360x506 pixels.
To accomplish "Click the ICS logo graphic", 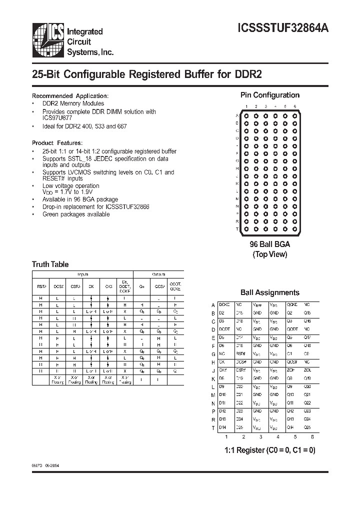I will pos(48,38).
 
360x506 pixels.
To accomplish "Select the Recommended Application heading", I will pos(70,95).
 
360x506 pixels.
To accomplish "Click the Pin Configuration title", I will pos(270,95).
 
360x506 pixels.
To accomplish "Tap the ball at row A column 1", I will pos(246,116).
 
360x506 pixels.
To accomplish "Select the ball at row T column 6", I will pos(295,228).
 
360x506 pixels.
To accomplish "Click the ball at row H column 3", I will pos(265,168).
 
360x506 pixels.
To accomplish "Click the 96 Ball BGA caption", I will pos(270,244).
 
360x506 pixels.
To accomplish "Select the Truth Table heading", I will pos(50,264).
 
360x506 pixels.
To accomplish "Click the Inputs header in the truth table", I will pos(82,274).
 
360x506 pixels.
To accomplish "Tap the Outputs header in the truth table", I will pos(158,274).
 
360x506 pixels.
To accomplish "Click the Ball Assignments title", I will pos(270,292).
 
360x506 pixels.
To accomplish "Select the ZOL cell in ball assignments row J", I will pos(307,369).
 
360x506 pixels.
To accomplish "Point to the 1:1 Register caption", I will pos(270,450).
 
